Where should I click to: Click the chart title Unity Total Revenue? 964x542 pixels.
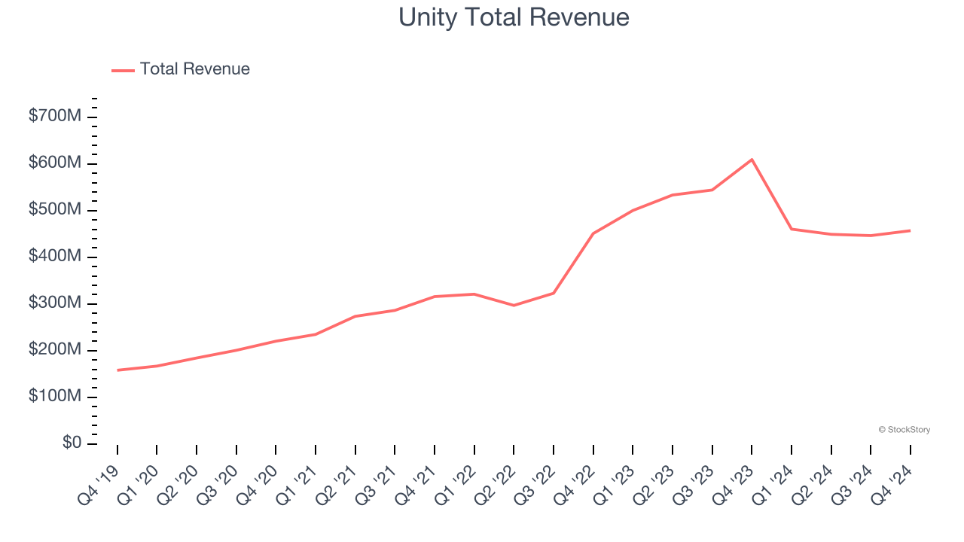(x=514, y=17)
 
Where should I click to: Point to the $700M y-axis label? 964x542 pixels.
(x=56, y=117)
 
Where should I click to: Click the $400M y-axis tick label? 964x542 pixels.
(x=56, y=257)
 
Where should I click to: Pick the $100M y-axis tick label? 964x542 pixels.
(x=56, y=397)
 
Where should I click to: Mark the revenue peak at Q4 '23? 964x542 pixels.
(x=752, y=160)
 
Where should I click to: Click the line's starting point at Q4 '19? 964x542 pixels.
(x=117, y=370)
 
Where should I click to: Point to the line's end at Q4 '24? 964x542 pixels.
(x=910, y=230)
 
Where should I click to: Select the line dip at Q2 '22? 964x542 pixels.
(x=514, y=306)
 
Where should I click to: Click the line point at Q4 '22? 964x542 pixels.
(x=593, y=233)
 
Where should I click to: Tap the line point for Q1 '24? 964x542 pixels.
(x=792, y=229)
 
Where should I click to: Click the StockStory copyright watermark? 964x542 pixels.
(x=904, y=430)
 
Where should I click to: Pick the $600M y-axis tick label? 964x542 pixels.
(x=56, y=163)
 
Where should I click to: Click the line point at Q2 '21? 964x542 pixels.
(x=355, y=316)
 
